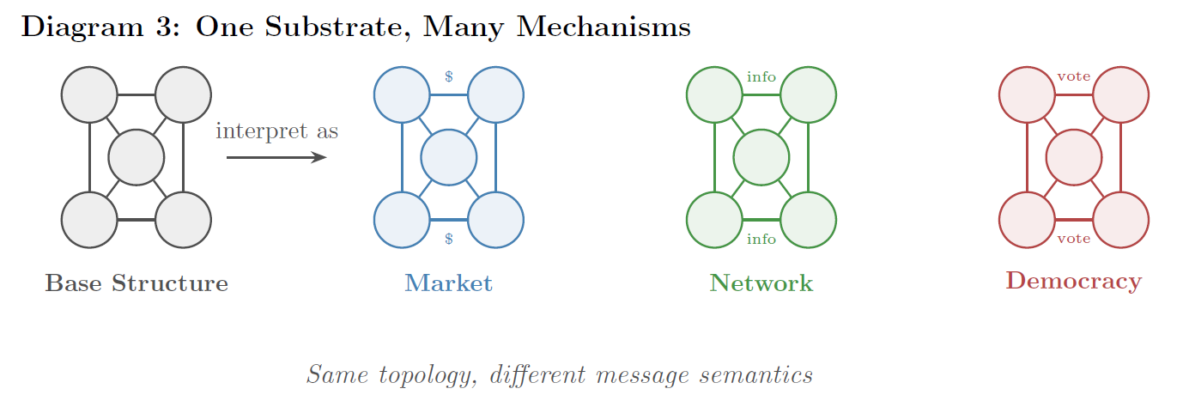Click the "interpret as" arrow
tap(276, 158)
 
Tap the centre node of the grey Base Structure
tap(136, 157)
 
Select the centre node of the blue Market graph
tap(448, 157)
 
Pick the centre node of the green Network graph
tap(761, 157)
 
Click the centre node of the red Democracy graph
tap(1073, 157)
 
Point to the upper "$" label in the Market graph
tap(449, 76)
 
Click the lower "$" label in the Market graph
tap(449, 239)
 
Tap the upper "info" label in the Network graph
tap(761, 77)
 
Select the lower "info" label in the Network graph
tap(761, 239)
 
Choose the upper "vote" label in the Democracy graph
tap(1074, 76)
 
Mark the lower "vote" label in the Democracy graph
tap(1074, 239)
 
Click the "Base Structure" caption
tap(136, 283)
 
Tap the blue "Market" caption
tap(448, 283)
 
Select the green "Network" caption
tap(761, 283)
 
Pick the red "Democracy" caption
tap(1073, 281)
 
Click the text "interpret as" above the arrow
tap(276, 131)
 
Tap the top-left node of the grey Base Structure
tap(89, 94)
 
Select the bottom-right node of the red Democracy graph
tap(1120, 220)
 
